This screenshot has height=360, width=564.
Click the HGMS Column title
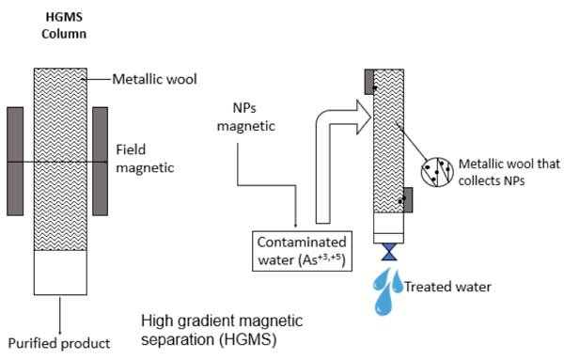click(x=64, y=25)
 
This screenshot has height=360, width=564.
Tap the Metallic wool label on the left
click(x=155, y=79)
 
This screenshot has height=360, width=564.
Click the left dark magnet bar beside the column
click(x=15, y=161)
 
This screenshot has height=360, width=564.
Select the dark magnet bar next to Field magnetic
click(x=100, y=161)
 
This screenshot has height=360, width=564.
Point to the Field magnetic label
click(x=145, y=159)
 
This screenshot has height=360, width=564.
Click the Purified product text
click(x=59, y=343)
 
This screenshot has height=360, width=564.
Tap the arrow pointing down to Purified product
click(x=60, y=315)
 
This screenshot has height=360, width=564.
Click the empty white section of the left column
click(x=60, y=273)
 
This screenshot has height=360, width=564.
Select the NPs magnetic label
click(x=246, y=117)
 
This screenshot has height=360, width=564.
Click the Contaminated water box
click(x=302, y=251)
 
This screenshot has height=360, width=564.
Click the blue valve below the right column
click(x=389, y=252)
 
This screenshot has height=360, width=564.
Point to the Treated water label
click(x=447, y=287)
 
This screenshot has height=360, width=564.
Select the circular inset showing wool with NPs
click(x=437, y=172)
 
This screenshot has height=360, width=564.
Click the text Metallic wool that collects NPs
click(x=509, y=172)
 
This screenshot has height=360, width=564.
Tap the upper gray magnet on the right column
click(x=369, y=82)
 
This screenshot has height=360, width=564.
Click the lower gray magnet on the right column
click(x=408, y=199)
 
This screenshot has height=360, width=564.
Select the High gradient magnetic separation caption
click(x=222, y=330)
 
